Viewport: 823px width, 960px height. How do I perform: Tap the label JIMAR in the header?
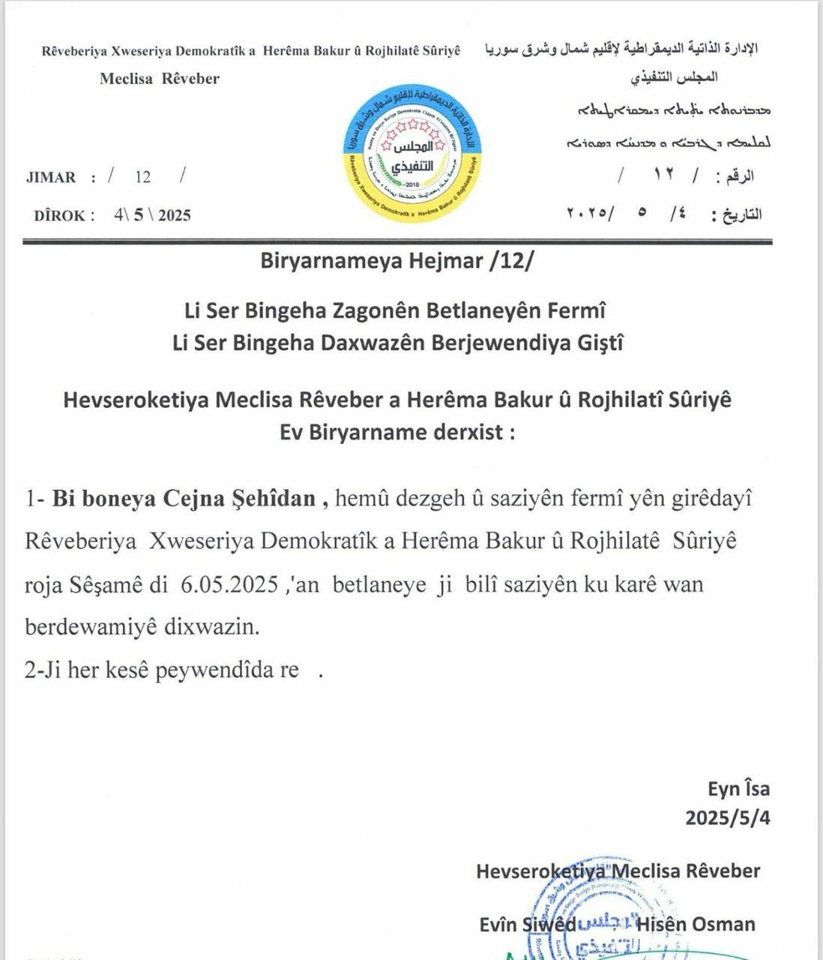51,178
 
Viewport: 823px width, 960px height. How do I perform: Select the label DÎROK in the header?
64,216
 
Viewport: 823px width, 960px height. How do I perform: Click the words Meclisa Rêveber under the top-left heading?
160,79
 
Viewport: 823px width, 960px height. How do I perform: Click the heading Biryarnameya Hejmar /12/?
398,262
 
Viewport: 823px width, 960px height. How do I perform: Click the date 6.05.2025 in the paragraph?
226,584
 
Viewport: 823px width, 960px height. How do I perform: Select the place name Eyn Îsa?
738,788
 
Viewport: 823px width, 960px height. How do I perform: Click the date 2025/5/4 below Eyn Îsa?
727,817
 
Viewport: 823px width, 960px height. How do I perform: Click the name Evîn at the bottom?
498,924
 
